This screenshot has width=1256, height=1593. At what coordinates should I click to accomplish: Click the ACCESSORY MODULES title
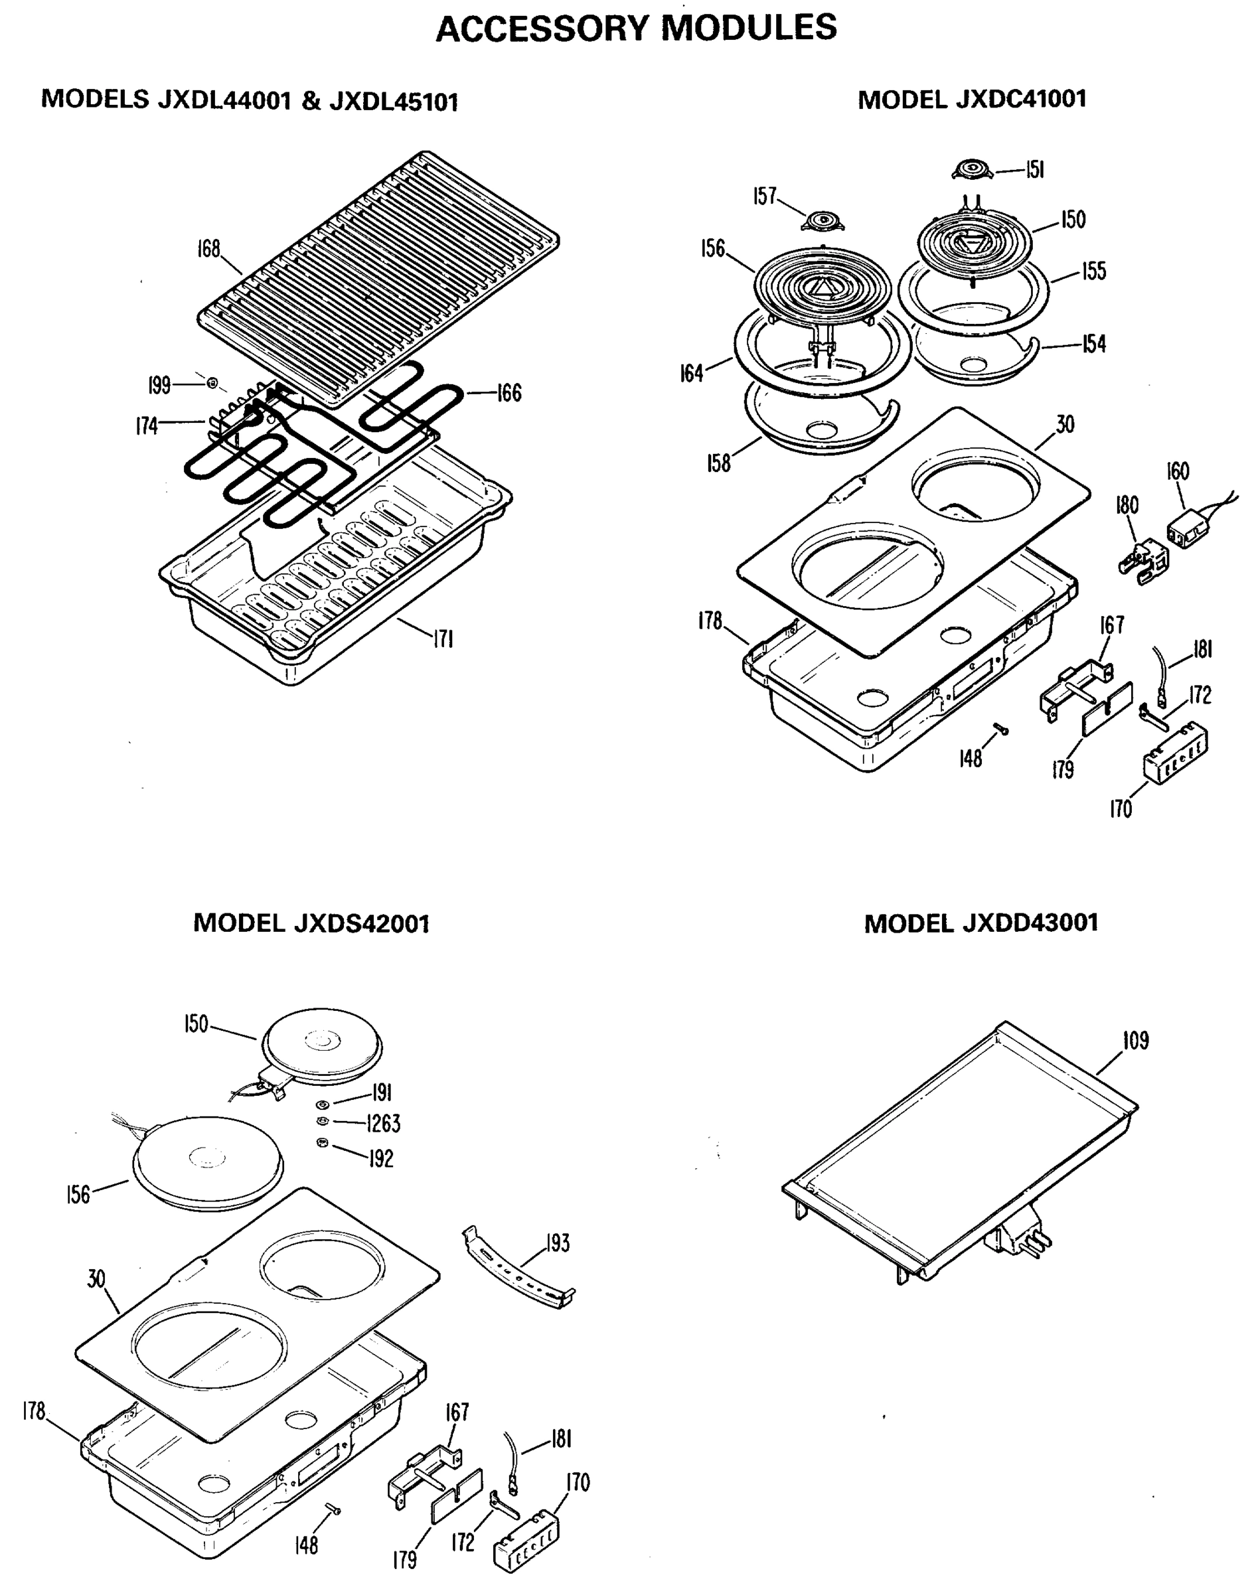[x=636, y=28]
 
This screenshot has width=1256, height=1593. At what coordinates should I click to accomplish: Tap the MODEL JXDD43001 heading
[x=981, y=923]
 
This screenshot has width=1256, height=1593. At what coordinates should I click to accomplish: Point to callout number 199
[x=159, y=384]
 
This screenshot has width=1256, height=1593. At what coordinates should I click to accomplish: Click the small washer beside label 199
[x=212, y=382]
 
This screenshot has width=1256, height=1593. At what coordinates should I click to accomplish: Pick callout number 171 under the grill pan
[x=443, y=640]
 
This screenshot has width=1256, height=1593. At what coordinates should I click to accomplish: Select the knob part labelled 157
[x=822, y=220]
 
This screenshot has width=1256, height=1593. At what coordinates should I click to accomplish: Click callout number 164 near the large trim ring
[x=691, y=374]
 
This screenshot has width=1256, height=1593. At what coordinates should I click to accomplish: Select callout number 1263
[x=383, y=1123]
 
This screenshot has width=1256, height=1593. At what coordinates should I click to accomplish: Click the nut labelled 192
[x=320, y=1142]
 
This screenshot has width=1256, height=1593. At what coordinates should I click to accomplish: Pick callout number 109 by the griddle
[x=1135, y=1040]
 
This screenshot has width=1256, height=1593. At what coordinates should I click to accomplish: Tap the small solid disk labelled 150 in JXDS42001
[x=322, y=1045]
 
